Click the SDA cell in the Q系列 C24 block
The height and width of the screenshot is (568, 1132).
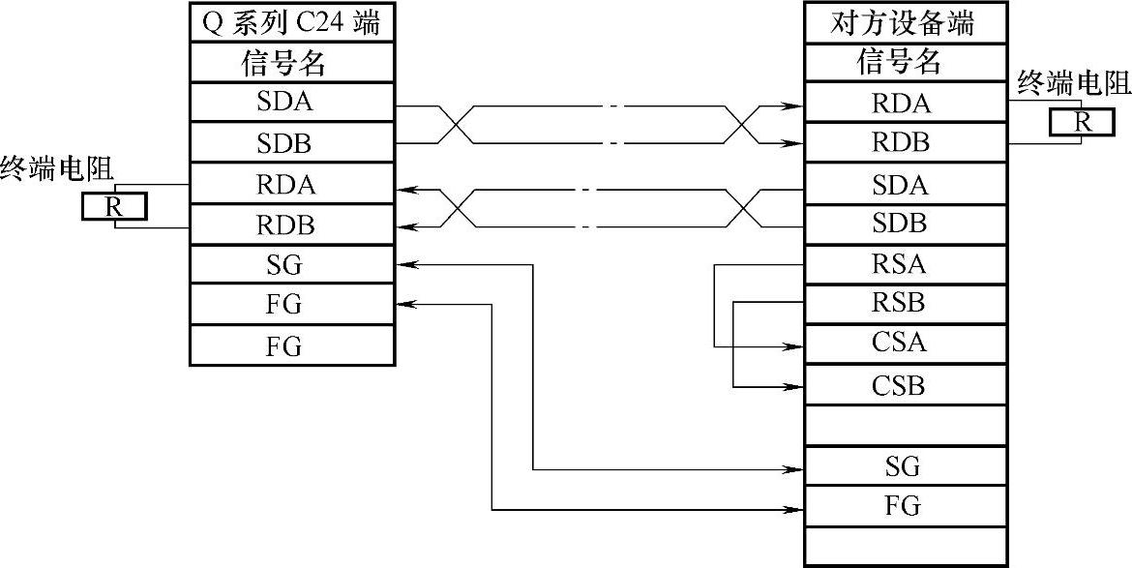click(292, 103)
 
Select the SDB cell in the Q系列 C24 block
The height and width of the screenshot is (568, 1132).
click(292, 143)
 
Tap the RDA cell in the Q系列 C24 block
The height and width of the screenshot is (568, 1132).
click(292, 184)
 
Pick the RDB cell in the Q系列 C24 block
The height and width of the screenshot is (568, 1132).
click(292, 224)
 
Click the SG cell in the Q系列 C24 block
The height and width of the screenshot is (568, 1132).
click(292, 264)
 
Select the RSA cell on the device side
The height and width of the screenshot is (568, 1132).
click(900, 263)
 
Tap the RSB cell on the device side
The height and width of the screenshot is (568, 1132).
click(900, 303)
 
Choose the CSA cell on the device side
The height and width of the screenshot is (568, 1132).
click(900, 344)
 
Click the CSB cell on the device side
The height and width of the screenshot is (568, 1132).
click(900, 386)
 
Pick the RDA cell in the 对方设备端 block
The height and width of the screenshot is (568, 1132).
click(900, 103)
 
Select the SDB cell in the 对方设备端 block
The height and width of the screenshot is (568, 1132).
click(900, 224)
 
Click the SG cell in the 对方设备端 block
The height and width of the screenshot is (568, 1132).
click(900, 468)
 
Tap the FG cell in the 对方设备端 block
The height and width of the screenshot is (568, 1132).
click(900, 506)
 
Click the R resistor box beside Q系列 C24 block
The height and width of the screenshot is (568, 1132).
click(113, 206)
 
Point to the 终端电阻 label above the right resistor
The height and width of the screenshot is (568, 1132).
click(1074, 84)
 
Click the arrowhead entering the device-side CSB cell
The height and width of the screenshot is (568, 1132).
click(795, 386)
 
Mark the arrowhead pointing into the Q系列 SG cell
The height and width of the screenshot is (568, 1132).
click(404, 263)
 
